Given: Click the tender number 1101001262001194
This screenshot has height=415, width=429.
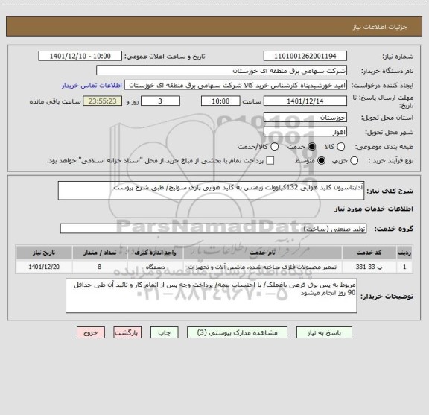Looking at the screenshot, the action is point(305,57).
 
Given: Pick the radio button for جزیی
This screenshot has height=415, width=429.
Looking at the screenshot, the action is point(354,160).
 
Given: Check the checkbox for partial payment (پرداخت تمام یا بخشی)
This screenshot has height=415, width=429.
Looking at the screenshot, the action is point(270,160).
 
